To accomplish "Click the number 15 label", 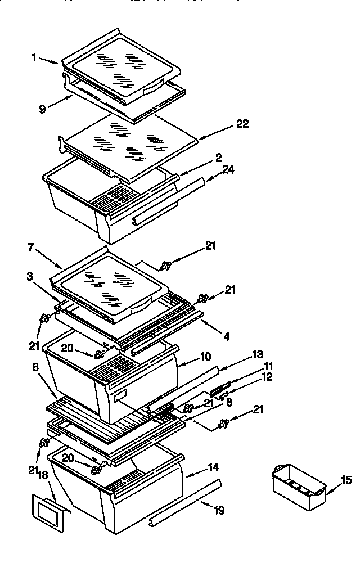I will point(346,480).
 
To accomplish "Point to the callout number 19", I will point(219,510).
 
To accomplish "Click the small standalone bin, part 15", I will point(298,485).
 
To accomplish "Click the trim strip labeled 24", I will point(168,201).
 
